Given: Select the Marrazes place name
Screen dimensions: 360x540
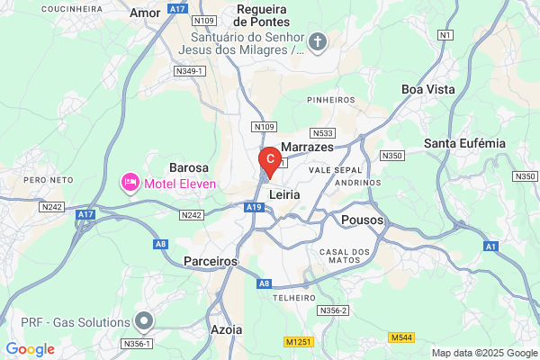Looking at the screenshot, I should [307, 147].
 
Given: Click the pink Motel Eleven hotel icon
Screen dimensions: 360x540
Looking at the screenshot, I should [130, 184].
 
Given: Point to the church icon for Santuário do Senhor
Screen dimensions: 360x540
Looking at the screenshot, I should [317, 40].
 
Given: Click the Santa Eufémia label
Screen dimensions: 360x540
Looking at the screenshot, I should [464, 143].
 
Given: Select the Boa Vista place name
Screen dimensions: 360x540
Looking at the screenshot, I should [428, 90].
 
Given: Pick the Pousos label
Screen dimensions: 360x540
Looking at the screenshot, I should [363, 220].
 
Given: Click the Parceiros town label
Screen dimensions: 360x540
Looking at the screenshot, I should [210, 260].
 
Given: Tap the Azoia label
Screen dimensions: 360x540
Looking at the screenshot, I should [225, 329].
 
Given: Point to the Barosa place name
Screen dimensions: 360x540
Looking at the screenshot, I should [189, 167].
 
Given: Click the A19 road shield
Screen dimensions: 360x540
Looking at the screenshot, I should [255, 208].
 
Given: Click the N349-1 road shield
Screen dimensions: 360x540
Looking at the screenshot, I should [190, 70].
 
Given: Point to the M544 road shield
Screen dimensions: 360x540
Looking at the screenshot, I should [401, 337].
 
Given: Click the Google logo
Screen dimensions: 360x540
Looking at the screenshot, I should [30, 349].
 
